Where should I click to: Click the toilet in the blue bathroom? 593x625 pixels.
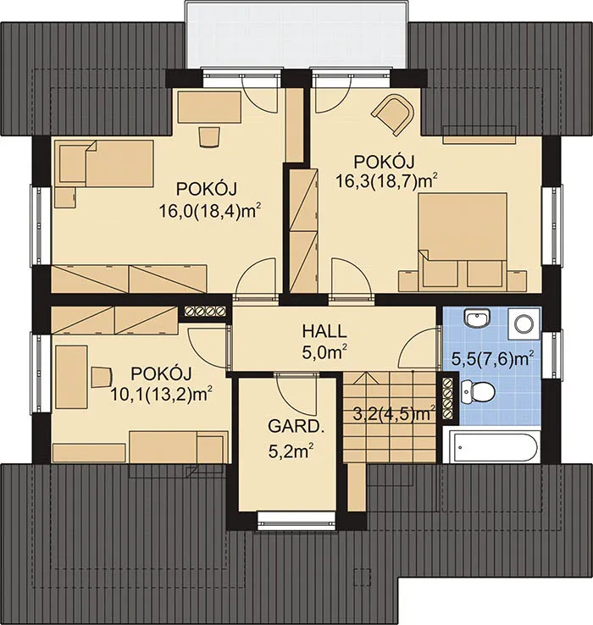click(477, 391)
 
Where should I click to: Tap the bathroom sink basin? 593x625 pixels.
click(476, 319)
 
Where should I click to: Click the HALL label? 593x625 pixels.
click(324, 331)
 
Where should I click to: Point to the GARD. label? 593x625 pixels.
click(294, 427)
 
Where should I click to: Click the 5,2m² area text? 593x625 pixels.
click(291, 451)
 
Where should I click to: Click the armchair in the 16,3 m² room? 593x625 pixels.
click(393, 114)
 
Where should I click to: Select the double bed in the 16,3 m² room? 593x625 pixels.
click(463, 240)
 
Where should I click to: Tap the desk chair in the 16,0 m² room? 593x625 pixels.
click(209, 137)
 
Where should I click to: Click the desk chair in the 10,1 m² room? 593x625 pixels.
click(102, 377)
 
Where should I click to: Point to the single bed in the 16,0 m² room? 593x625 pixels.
click(107, 163)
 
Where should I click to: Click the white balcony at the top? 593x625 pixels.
click(297, 36)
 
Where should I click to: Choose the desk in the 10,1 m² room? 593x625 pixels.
click(71, 377)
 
